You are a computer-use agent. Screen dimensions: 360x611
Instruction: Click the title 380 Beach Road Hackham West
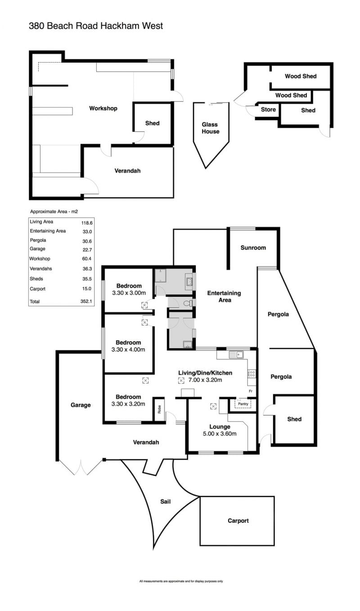tap(96, 26)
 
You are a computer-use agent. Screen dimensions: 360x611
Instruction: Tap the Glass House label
tap(211, 128)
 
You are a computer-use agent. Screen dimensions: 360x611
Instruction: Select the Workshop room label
tap(103, 109)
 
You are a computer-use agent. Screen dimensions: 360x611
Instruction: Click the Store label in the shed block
tap(268, 109)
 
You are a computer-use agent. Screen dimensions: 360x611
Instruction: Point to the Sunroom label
tap(253, 248)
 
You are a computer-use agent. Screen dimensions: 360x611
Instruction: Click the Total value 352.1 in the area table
tap(86, 301)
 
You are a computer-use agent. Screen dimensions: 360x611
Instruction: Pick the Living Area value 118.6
tap(87, 223)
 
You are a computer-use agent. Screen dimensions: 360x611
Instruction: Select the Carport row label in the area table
tap(38, 289)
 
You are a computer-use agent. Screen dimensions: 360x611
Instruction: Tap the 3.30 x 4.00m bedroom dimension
tap(128, 349)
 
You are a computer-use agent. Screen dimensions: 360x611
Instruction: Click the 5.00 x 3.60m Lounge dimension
tap(220, 434)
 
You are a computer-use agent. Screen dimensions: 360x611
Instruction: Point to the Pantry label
tap(243, 404)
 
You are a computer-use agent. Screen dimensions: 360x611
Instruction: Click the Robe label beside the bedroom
tap(159, 409)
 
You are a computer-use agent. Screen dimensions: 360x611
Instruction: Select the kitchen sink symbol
tap(236, 355)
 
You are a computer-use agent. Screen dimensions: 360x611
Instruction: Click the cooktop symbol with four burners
tap(252, 373)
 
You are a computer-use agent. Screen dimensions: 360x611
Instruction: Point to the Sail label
tap(166, 501)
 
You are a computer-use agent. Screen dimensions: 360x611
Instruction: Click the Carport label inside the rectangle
tap(238, 520)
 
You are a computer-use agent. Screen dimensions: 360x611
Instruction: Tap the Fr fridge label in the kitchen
tap(251, 391)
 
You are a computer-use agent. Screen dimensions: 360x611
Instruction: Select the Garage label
tap(81, 405)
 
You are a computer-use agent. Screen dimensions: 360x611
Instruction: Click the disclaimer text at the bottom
tap(181, 581)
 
